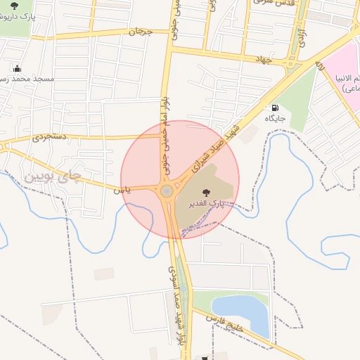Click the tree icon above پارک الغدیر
pyautogui.click(x=205, y=191)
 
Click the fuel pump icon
pyautogui.click(x=275, y=108)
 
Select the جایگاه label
pyautogui.click(x=275, y=118)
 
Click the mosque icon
pyautogui.click(x=17, y=69)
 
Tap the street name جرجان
pyautogui.click(x=140, y=32)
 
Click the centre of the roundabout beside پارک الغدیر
pyautogui.click(x=167, y=191)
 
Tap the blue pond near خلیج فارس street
pyautogui.click(x=242, y=313)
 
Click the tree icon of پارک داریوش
pyautogui.click(x=14, y=6)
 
